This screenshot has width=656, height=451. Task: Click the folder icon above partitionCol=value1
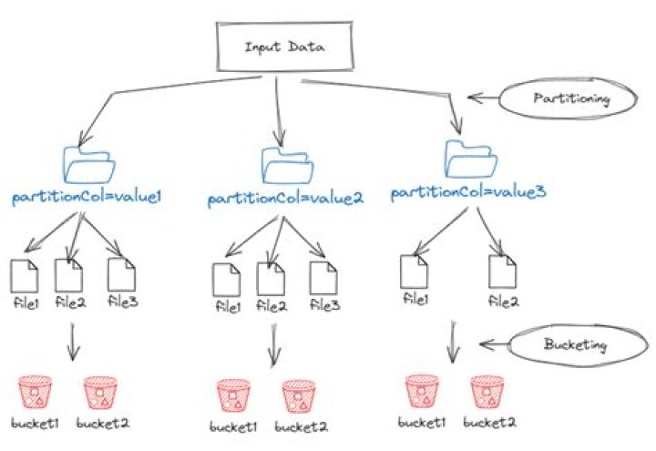click(89, 165)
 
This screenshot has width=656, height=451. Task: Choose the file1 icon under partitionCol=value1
click(26, 275)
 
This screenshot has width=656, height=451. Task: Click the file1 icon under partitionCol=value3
click(414, 272)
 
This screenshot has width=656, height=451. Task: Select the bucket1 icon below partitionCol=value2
click(233, 397)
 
